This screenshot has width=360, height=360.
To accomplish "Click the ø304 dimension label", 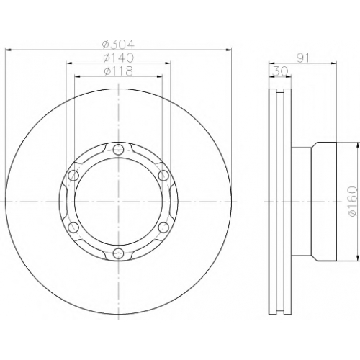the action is (118, 44).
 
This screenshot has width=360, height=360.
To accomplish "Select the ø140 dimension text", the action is (118, 58).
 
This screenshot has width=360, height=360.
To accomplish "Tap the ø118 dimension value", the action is (118, 71).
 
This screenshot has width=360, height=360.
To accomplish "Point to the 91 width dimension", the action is (303, 58).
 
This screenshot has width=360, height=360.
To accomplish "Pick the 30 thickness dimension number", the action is (281, 71).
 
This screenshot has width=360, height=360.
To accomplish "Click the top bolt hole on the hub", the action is (118, 150).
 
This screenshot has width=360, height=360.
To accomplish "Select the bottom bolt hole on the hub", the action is (118, 253).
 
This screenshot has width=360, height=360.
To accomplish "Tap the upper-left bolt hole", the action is (73, 176).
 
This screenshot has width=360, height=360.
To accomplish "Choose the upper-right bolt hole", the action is (163, 175).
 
